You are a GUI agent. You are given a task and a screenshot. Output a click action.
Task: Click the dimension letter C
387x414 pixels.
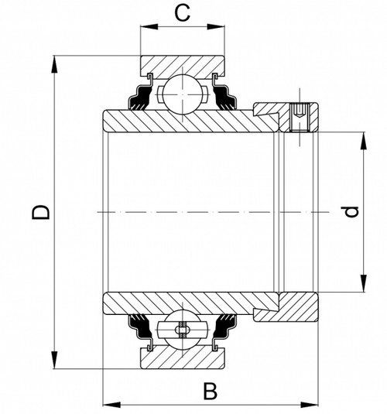tap(182, 12)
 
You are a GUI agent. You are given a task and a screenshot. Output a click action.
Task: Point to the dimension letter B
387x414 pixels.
tap(210, 391)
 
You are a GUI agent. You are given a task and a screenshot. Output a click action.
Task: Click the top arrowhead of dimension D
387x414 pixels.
tap(55, 63)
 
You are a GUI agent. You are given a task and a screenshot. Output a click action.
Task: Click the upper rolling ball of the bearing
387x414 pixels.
tap(182, 92)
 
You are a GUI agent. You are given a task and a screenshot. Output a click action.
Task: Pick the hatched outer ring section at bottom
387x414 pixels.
tap(182, 358)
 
